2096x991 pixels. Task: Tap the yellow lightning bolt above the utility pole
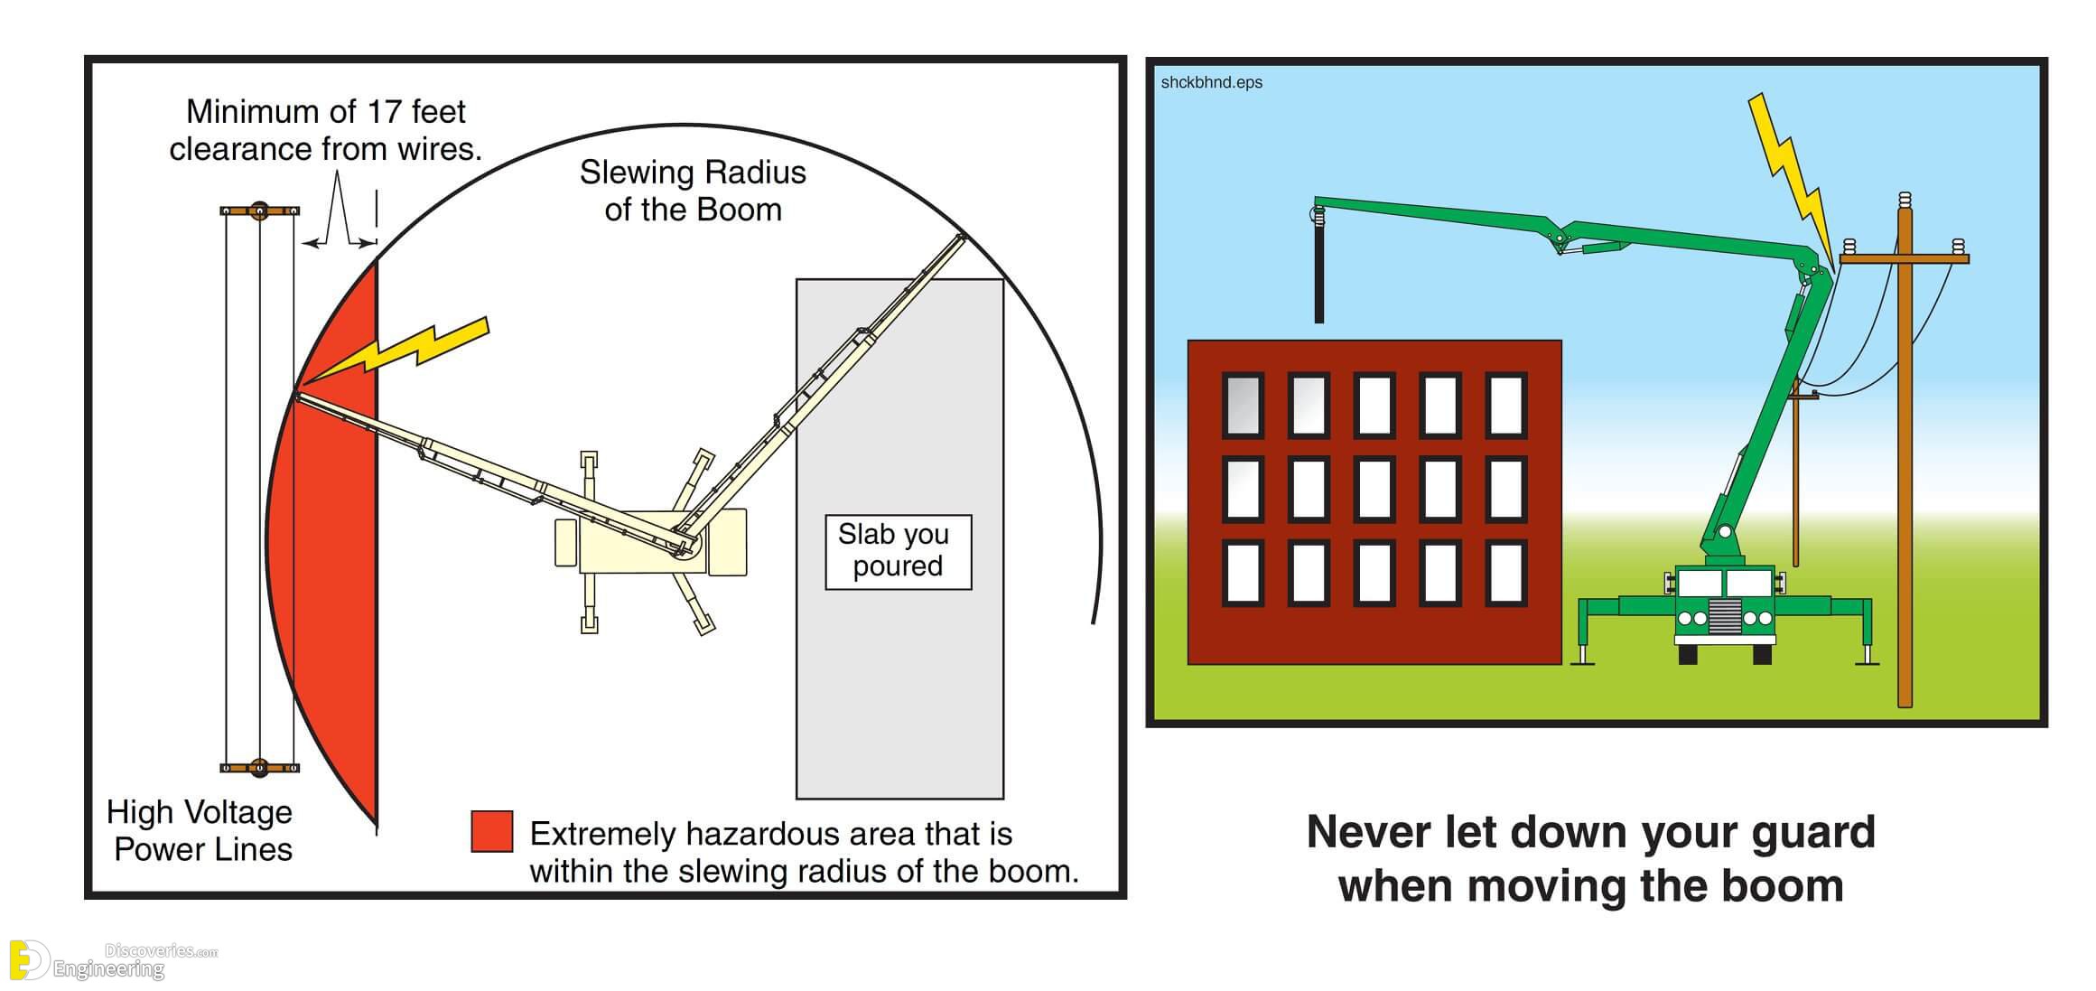(x=1793, y=181)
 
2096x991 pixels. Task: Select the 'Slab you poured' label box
(x=898, y=552)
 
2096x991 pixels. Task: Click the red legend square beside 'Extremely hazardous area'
(x=492, y=831)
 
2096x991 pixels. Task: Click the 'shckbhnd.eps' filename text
(x=1211, y=82)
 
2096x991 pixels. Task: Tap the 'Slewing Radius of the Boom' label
(x=693, y=191)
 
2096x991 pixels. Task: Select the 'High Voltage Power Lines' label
(x=200, y=831)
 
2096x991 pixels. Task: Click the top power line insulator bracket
(x=260, y=211)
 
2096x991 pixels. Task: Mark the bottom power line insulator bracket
(x=260, y=768)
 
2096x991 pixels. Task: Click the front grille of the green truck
(x=1725, y=616)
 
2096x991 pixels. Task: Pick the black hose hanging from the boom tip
(x=1318, y=266)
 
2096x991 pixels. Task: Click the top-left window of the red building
(x=1243, y=405)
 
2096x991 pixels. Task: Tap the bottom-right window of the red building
(x=1506, y=573)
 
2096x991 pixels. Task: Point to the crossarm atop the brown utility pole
(x=1904, y=259)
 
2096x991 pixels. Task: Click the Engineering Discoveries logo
(x=113, y=960)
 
